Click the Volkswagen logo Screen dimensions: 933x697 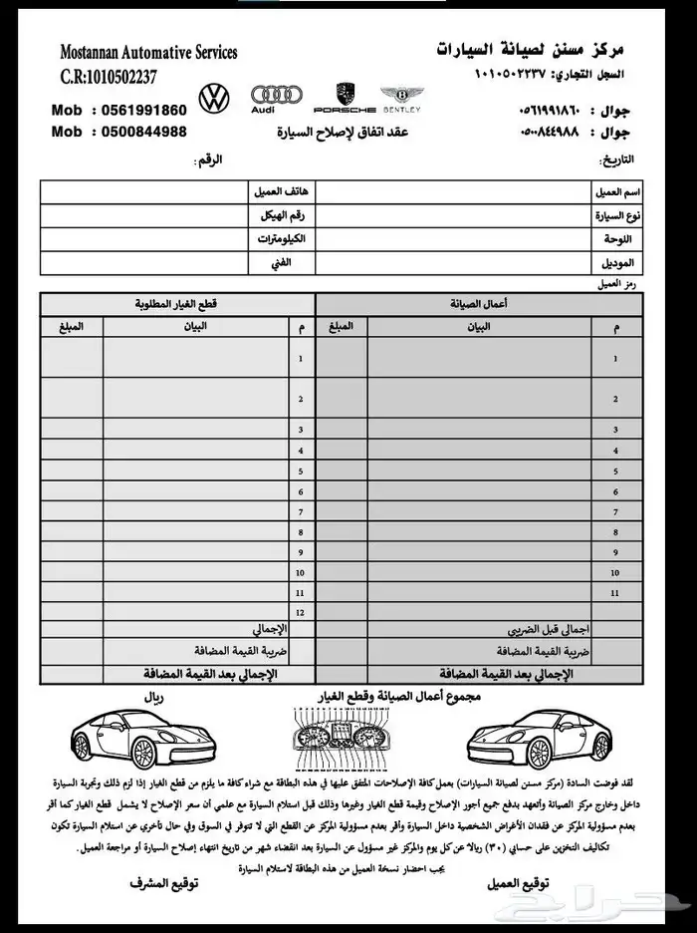(x=214, y=99)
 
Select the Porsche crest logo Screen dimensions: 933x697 (x=345, y=96)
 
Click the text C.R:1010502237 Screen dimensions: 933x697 (x=109, y=77)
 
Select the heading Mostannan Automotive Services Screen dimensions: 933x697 (x=148, y=52)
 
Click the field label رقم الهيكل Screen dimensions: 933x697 (x=283, y=214)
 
